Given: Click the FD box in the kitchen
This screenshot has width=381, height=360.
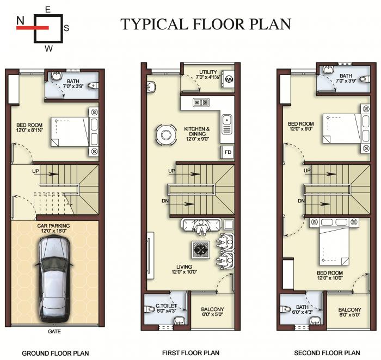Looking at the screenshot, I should tap(228, 152).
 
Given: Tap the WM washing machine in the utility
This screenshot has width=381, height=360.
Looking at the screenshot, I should tap(229, 79).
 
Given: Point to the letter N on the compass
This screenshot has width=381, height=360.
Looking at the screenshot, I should tap(20, 21).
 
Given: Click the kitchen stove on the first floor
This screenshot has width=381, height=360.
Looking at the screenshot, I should tap(199, 102).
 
